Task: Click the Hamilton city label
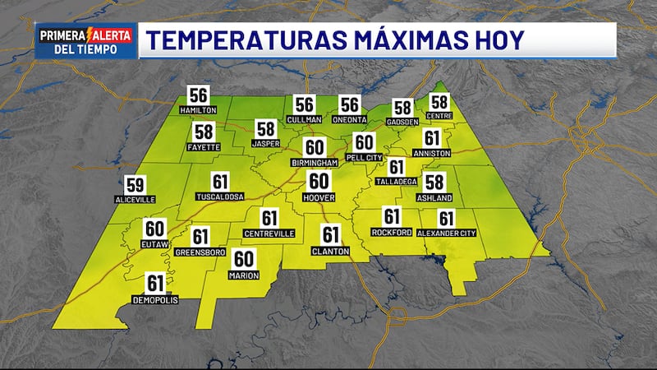click(x=197, y=109)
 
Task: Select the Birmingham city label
click(x=315, y=163)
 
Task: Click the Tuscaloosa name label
click(x=220, y=197)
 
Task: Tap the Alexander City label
click(x=447, y=234)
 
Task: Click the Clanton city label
click(x=331, y=250)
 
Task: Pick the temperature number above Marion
click(x=244, y=259)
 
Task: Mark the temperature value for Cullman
click(x=305, y=105)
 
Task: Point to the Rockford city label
click(x=391, y=233)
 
